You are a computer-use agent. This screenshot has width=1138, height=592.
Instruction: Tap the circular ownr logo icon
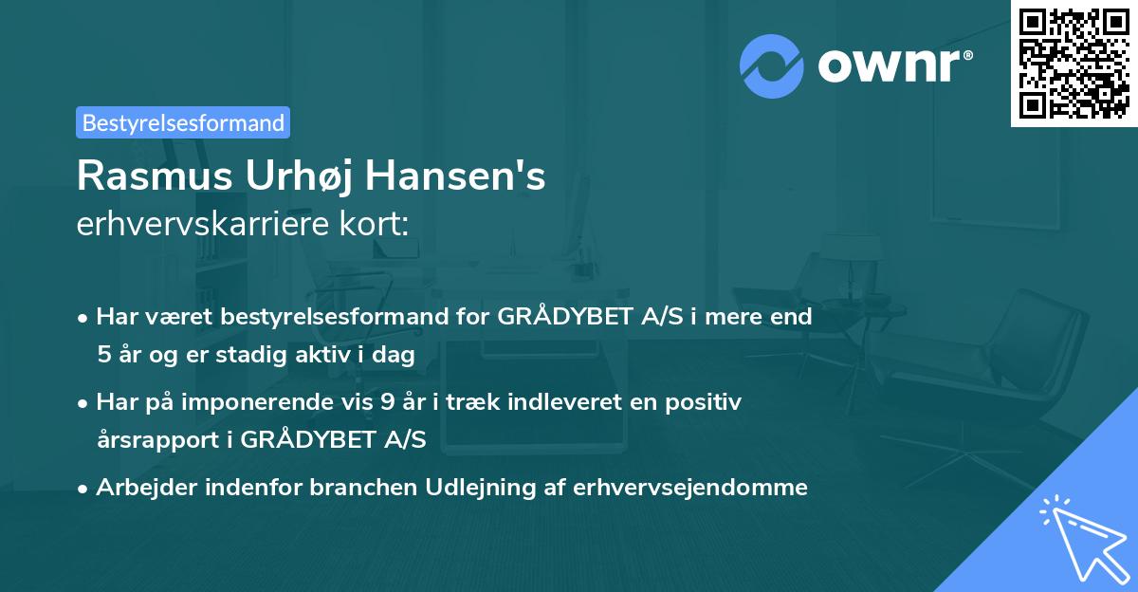tap(772, 65)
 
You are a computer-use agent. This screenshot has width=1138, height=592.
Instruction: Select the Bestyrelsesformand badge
tap(183, 122)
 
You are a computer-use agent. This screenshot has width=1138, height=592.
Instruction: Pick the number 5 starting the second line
tap(103, 355)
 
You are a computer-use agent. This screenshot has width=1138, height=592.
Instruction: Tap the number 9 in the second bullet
tap(387, 402)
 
